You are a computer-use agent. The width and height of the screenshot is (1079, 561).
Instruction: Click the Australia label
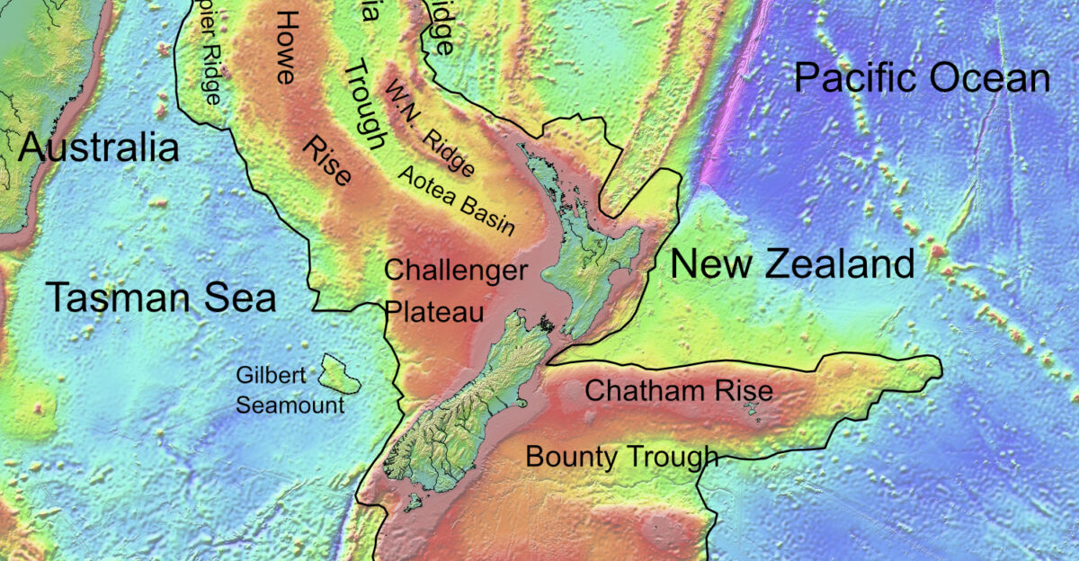pos(99,147)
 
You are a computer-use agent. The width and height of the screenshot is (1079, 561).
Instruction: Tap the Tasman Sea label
pos(161,297)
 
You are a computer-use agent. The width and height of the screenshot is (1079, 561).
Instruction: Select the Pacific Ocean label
pos(922,79)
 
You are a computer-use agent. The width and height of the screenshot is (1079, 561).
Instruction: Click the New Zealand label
pos(792,264)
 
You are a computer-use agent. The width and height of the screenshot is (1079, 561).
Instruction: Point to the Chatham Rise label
pos(679,391)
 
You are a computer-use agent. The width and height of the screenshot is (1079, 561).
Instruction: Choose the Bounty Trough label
pos(622,457)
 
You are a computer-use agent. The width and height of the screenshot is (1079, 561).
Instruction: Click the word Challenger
pos(456,271)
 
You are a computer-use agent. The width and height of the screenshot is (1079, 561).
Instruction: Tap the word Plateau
pos(434,311)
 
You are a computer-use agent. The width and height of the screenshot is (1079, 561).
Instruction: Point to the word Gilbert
pos(272,375)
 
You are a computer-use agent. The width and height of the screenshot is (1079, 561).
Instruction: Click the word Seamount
pos(290,405)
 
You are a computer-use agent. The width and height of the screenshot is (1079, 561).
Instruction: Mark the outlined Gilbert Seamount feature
pos(341,373)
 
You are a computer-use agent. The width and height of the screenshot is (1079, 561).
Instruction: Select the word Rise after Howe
pos(327,162)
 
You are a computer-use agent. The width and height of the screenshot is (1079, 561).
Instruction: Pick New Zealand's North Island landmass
pos(589,270)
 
